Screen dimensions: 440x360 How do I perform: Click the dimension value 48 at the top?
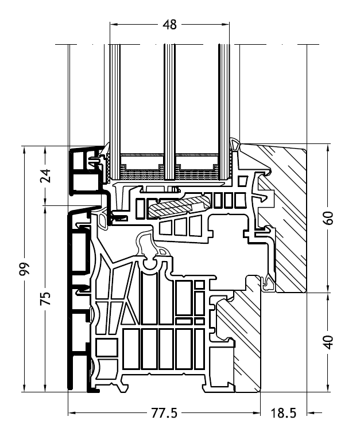coord(170,24)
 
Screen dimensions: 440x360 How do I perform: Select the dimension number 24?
coord(47,176)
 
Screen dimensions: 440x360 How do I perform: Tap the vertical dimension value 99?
coord(24,270)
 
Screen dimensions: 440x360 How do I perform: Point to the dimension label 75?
coord(47,298)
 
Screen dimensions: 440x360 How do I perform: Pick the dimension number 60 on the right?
coord(328,218)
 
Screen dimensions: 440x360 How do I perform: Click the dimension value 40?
coord(328,342)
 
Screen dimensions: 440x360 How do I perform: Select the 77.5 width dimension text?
coord(164,413)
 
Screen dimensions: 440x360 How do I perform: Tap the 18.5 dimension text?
coord(284,413)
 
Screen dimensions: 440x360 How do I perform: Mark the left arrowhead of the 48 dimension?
coord(112,24)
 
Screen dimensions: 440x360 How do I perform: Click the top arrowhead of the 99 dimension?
coord(24,150)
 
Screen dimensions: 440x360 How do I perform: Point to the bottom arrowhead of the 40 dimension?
coord(328,390)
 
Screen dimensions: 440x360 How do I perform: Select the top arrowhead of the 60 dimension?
coord(328,146)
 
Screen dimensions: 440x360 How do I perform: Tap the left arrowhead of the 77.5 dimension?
coord(71,412)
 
